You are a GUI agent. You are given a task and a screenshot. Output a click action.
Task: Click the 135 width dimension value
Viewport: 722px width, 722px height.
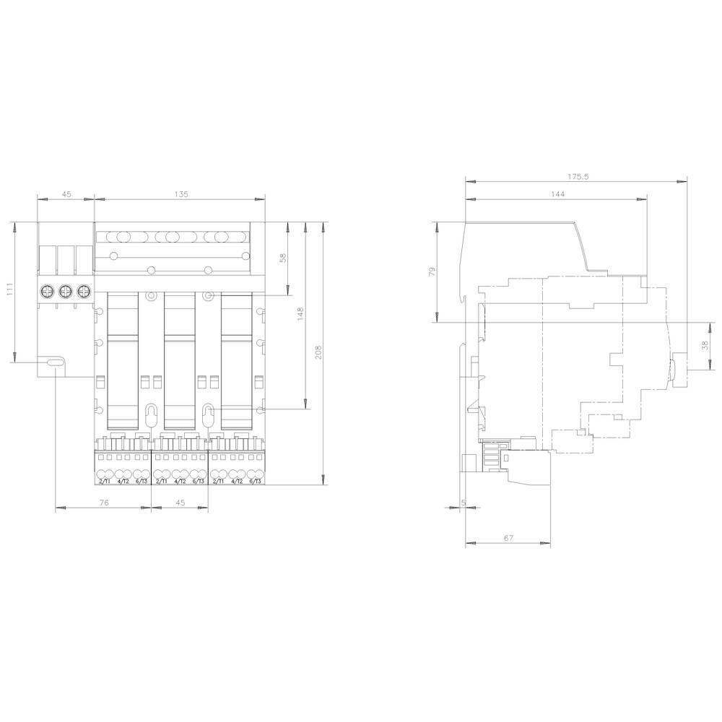tap(180, 193)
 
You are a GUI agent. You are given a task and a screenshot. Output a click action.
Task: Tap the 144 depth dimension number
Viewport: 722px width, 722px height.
tap(556, 193)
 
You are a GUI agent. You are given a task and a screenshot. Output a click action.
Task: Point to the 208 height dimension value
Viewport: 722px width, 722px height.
tap(318, 352)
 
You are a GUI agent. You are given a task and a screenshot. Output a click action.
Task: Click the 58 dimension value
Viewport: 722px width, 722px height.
tap(282, 258)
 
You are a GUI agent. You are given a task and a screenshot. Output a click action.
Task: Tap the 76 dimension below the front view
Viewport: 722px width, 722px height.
tap(103, 503)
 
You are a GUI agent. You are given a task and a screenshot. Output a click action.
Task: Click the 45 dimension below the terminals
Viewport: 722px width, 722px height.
tap(180, 503)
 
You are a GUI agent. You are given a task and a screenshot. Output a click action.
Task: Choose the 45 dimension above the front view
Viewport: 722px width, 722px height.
tap(66, 193)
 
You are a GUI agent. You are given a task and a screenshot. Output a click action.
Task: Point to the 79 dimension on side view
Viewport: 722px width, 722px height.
tap(432, 272)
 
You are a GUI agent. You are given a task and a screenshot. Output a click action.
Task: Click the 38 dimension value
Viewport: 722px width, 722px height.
tap(704, 345)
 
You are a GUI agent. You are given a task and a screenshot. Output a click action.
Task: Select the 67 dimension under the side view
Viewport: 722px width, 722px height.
tap(508, 538)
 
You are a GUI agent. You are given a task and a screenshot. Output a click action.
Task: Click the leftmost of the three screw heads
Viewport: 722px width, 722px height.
tap(48, 291)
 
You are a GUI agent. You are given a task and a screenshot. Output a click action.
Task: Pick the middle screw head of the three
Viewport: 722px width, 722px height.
tap(66, 291)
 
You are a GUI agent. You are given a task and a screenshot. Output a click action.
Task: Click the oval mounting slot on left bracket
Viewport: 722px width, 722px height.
tap(55, 363)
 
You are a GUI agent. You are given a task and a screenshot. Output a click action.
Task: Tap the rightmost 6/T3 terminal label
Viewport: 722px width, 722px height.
tap(255, 481)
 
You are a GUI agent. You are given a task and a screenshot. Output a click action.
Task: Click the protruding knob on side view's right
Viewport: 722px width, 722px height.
tap(678, 369)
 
